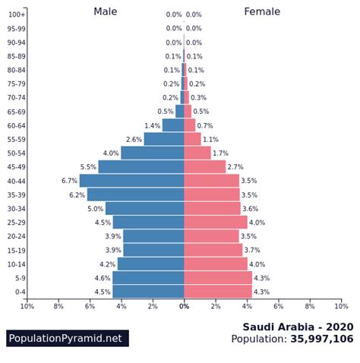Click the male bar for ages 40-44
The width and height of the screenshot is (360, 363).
132,181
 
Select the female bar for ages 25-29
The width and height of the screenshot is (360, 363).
216,223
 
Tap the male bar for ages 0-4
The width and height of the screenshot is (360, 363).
149,292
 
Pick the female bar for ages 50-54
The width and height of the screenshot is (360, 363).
197,153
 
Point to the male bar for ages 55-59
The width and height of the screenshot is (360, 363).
164,139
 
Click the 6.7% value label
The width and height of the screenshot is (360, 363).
69,181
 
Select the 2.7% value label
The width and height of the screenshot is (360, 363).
235,167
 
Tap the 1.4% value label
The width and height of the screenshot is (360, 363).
152,125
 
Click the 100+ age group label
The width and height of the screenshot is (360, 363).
17,14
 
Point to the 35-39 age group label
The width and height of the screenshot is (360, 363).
16,194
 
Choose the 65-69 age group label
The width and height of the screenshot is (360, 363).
16,112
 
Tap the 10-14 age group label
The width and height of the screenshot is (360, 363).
16,264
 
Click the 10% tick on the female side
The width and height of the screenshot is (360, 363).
341,306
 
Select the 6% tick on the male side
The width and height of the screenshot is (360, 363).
90,306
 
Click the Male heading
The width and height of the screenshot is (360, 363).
106,11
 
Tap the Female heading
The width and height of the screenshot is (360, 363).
262,11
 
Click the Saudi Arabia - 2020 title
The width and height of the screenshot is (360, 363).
298,327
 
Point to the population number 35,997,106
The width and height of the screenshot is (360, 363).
322,339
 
